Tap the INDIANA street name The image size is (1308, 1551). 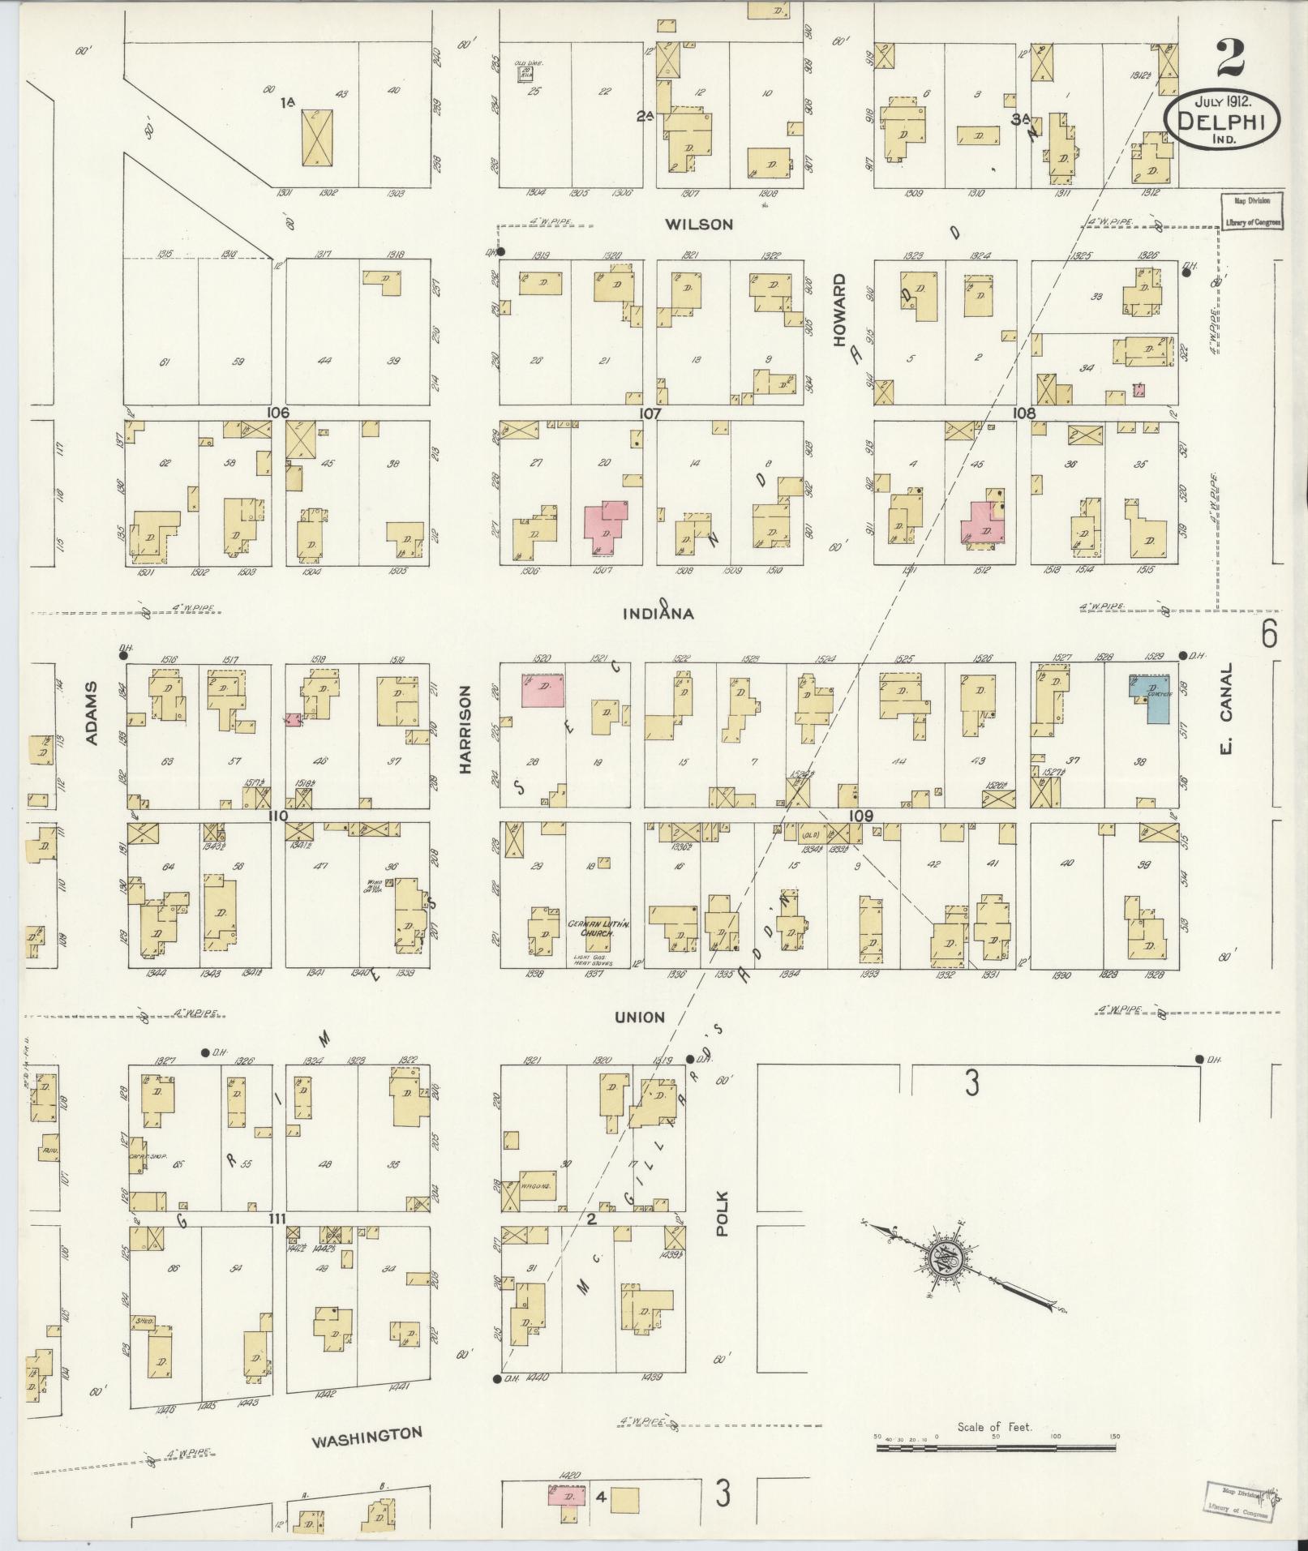[658, 614]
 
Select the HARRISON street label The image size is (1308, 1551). [465, 730]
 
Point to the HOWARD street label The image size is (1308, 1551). [838, 311]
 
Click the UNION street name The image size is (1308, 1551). [639, 1017]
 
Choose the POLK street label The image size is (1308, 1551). [723, 1212]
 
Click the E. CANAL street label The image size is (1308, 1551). [1225, 708]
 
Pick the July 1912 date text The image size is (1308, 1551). [1222, 102]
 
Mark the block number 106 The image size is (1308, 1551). [277, 413]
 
